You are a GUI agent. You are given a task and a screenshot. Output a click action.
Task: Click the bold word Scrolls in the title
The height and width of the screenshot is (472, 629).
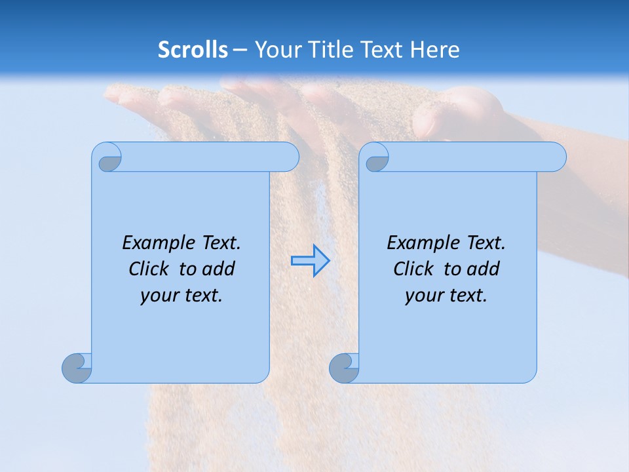(193, 50)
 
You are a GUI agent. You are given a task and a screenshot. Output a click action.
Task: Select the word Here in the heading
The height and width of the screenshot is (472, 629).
(435, 50)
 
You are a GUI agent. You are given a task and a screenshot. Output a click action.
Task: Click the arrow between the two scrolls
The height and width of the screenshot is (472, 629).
(310, 261)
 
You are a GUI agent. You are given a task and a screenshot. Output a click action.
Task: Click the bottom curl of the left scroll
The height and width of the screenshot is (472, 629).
(77, 368)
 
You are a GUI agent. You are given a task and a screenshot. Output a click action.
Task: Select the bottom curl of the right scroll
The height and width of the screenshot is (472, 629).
(344, 368)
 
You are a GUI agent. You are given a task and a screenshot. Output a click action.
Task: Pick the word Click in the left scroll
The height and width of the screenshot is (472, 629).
(149, 269)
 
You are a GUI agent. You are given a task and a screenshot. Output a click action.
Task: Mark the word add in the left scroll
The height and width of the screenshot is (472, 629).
(219, 269)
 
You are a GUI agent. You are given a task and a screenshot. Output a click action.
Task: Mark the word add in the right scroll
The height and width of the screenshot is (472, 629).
(484, 269)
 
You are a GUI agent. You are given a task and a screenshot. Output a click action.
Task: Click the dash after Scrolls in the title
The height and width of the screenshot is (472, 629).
(240, 50)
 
